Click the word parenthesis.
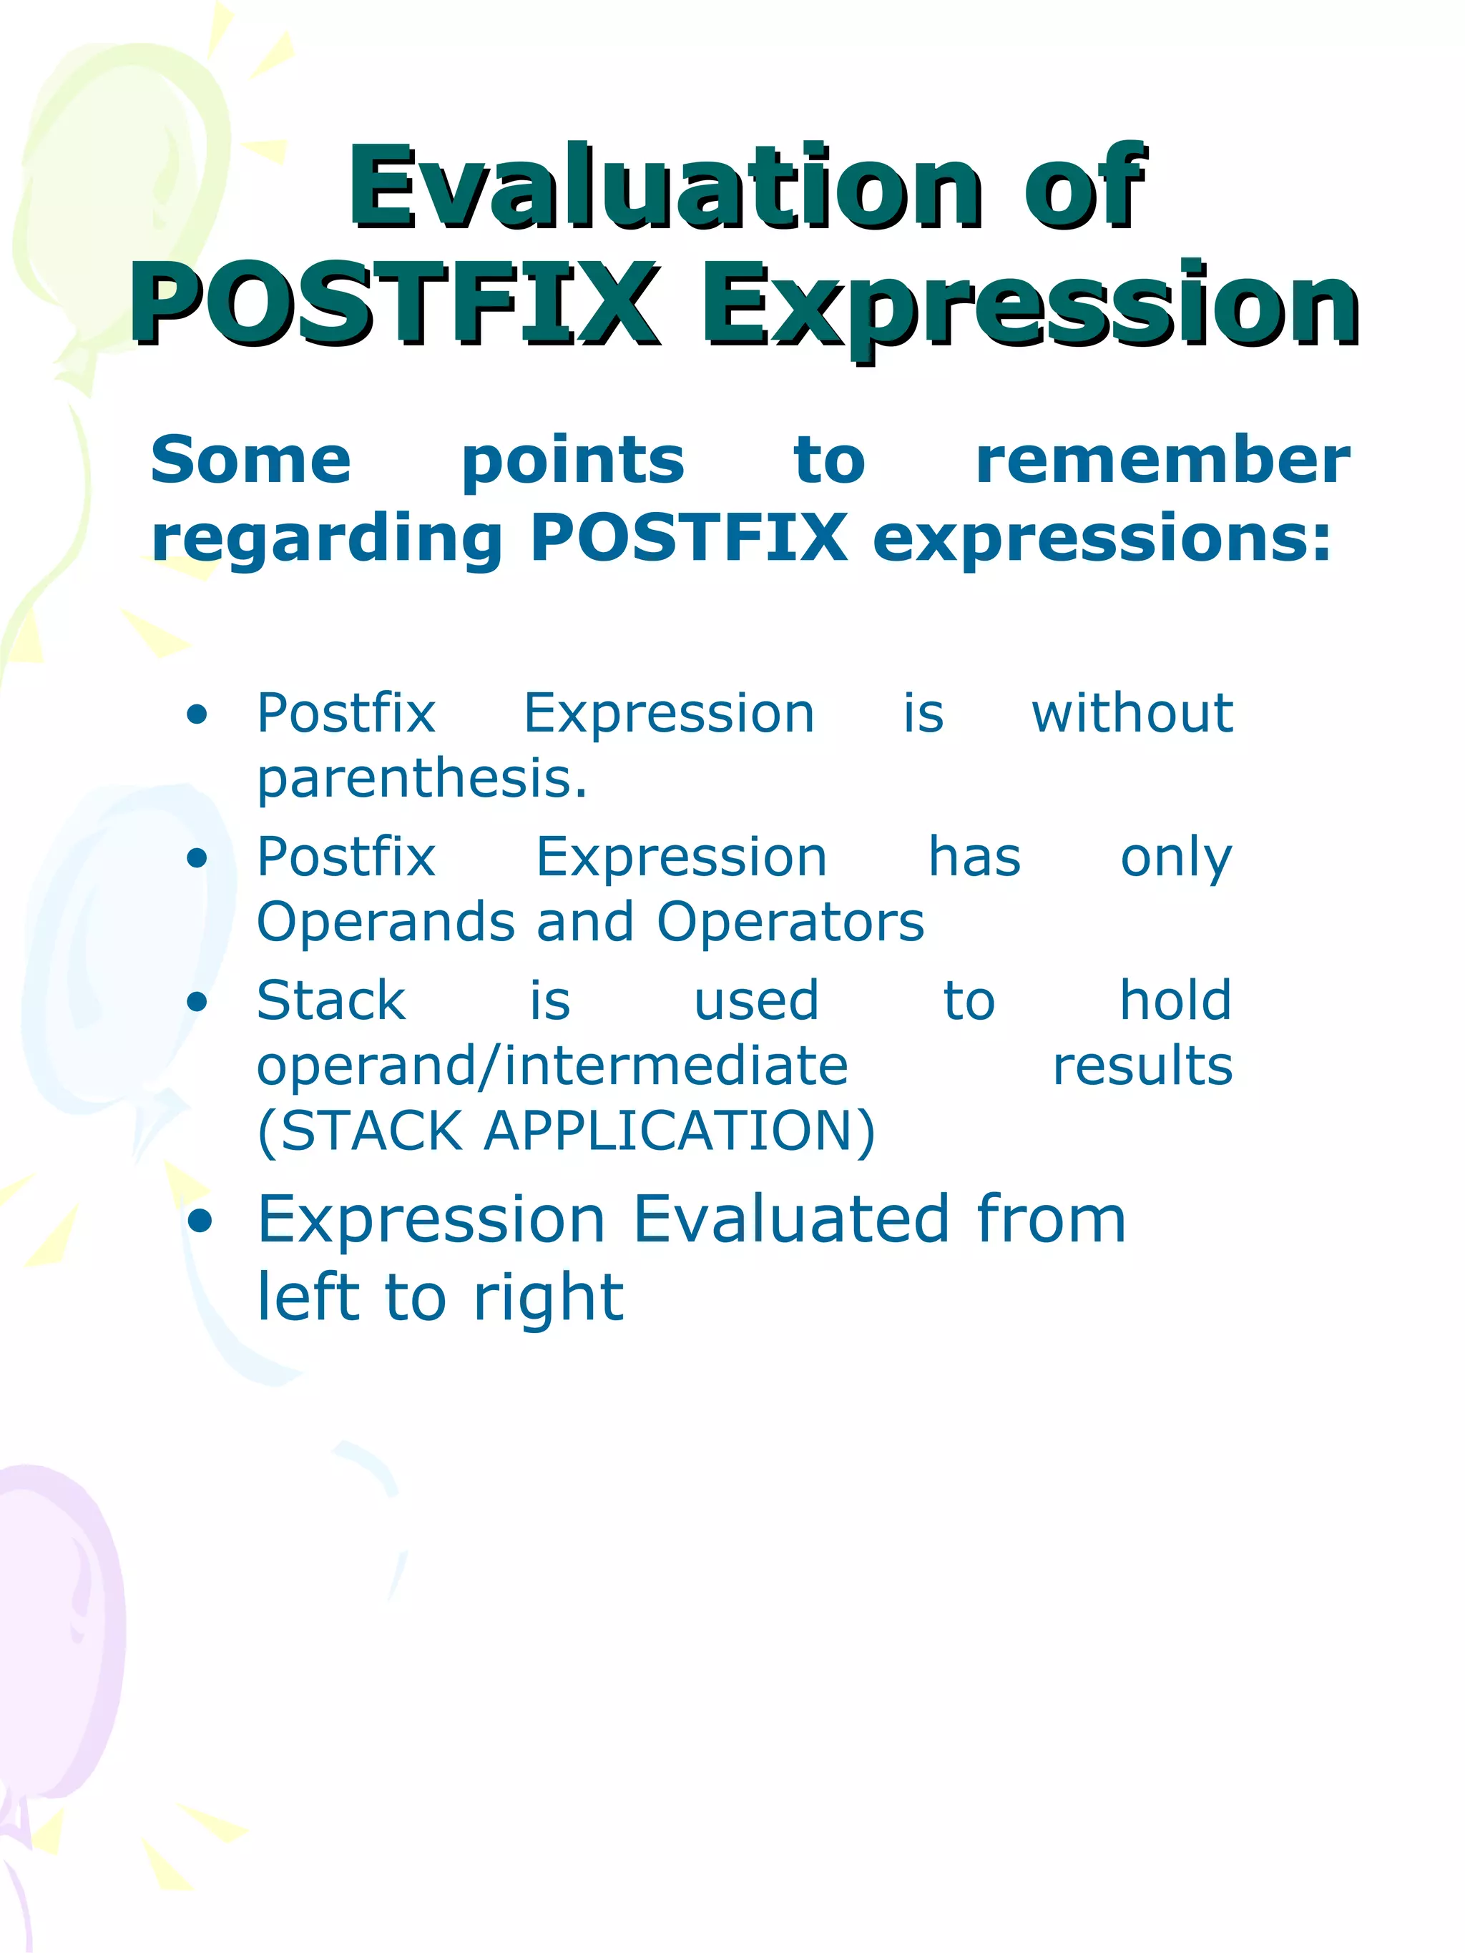pyautogui.click(x=421, y=779)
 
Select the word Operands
pyautogui.click(x=385, y=922)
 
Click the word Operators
pyautogui.click(x=790, y=922)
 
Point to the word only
pyautogui.click(x=1175, y=858)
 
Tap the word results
pyautogui.click(x=1142, y=1066)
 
